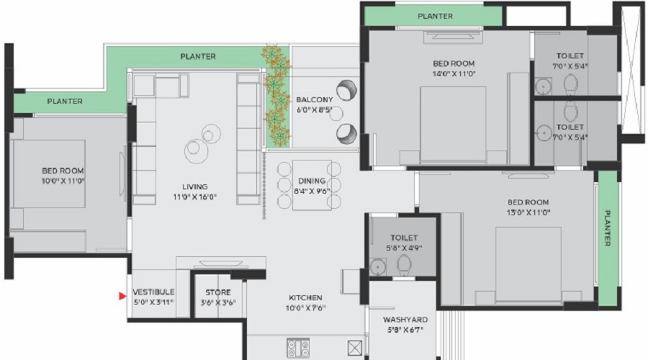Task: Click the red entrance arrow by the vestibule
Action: click(x=122, y=296)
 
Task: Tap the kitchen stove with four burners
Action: click(x=298, y=348)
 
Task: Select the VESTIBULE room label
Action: click(x=154, y=292)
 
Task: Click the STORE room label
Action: click(x=218, y=292)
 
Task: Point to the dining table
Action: click(x=312, y=185)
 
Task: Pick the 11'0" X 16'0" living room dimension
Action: click(x=194, y=197)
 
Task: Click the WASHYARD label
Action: click(x=405, y=320)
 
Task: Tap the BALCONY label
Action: click(x=315, y=99)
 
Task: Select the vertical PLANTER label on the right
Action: click(x=608, y=228)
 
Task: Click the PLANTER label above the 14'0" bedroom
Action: click(x=435, y=16)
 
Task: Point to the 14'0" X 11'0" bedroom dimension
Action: click(x=454, y=74)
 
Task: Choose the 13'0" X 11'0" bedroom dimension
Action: click(x=528, y=213)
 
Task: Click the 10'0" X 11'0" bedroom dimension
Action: click(x=63, y=181)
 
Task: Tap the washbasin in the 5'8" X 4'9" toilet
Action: click(x=378, y=267)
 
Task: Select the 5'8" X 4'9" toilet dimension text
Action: click(x=404, y=248)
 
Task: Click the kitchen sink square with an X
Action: click(x=354, y=348)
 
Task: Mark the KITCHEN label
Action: click(x=305, y=297)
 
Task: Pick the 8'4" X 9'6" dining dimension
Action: click(x=312, y=192)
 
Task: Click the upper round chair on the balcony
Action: click(x=346, y=90)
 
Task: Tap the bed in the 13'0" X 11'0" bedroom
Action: click(x=528, y=264)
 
